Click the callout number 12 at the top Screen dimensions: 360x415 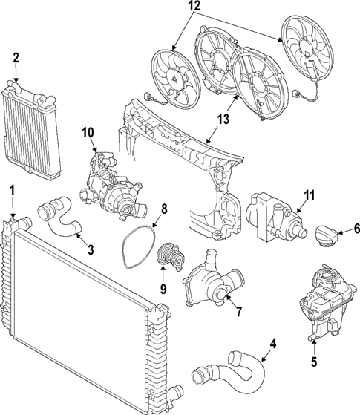pos(194,6)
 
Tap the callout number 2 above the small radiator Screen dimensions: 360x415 pos(16,58)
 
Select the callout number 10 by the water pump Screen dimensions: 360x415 pos(88,133)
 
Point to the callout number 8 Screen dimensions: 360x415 pos(164,209)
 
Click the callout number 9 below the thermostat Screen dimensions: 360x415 pos(163,289)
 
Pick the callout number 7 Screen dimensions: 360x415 pos(238,312)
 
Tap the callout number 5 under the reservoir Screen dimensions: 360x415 pos(314,362)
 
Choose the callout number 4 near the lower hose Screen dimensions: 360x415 pos(273,344)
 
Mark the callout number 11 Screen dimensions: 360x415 pos(309,195)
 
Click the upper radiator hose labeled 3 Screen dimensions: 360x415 pos(59,217)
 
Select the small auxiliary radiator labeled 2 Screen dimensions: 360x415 pos(30,131)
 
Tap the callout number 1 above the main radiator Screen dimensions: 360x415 pos(12,191)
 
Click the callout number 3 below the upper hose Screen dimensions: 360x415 pos(91,249)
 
